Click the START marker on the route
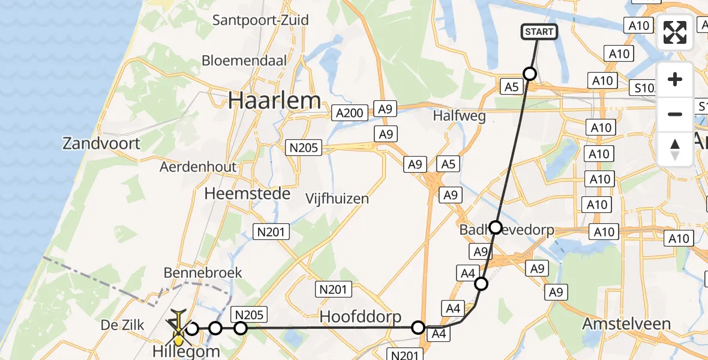pos(539,32)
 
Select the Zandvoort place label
pos(101,143)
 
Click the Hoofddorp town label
pos(360,316)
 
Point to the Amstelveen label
pos(626,324)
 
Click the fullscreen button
pos(675,33)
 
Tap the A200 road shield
pos(350,112)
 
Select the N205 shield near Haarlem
pos(304,148)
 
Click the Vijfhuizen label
pos(337,198)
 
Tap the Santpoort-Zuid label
pos(260,20)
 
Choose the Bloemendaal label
pos(244,60)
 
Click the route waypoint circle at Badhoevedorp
pos(496,227)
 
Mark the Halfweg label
pos(459,117)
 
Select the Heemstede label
pos(247,194)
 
